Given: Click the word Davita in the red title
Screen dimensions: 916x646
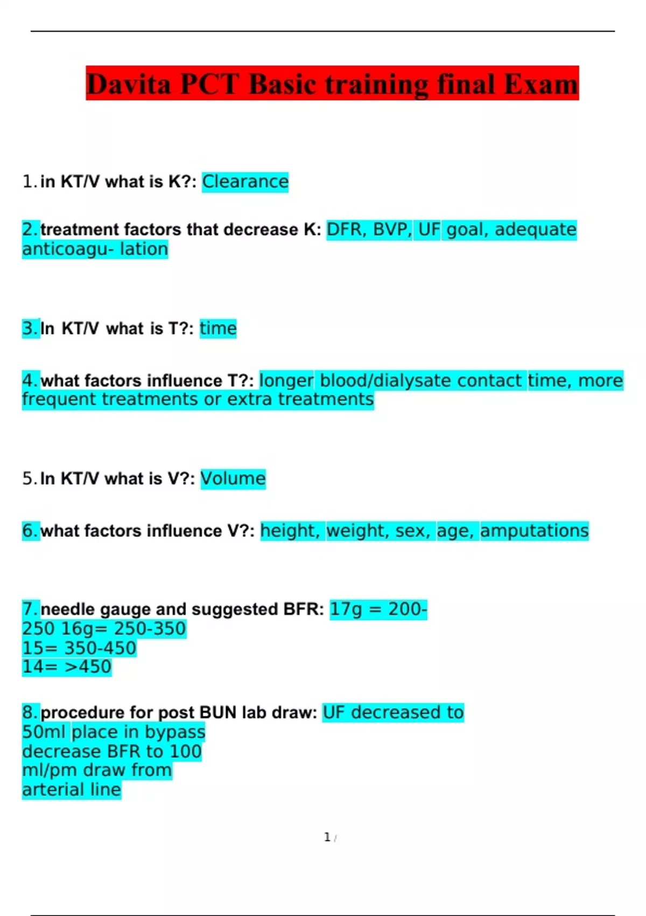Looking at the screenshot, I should tap(128, 85).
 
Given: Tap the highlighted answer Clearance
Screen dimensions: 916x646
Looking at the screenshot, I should tap(245, 182).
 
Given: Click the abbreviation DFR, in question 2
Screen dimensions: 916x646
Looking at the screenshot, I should tap(347, 230).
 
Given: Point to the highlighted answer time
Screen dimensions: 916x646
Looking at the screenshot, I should tap(218, 328).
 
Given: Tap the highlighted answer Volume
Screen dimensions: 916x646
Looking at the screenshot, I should tap(233, 478).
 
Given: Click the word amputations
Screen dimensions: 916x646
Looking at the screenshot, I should tap(534, 531).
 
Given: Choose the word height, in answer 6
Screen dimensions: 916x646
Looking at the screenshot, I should tap(290, 531).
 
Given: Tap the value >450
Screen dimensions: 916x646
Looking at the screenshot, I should tap(88, 667).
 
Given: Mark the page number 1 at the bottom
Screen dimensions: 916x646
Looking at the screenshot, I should tap(327, 837).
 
